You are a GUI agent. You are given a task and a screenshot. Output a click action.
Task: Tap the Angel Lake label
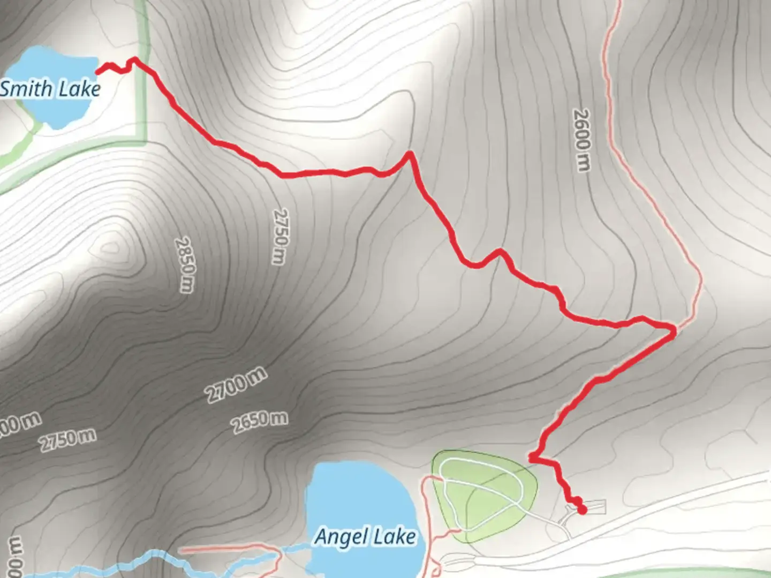tap(365, 536)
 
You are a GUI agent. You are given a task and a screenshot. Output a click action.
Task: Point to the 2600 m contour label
tap(581, 140)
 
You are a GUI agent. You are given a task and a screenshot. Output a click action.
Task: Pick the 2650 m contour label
tap(260, 422)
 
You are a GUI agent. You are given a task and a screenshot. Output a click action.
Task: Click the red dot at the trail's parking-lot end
tap(582, 510)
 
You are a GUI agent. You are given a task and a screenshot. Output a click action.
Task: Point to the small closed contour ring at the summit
tap(111, 247)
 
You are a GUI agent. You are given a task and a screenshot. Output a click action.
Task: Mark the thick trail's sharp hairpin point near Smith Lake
tap(135, 59)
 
